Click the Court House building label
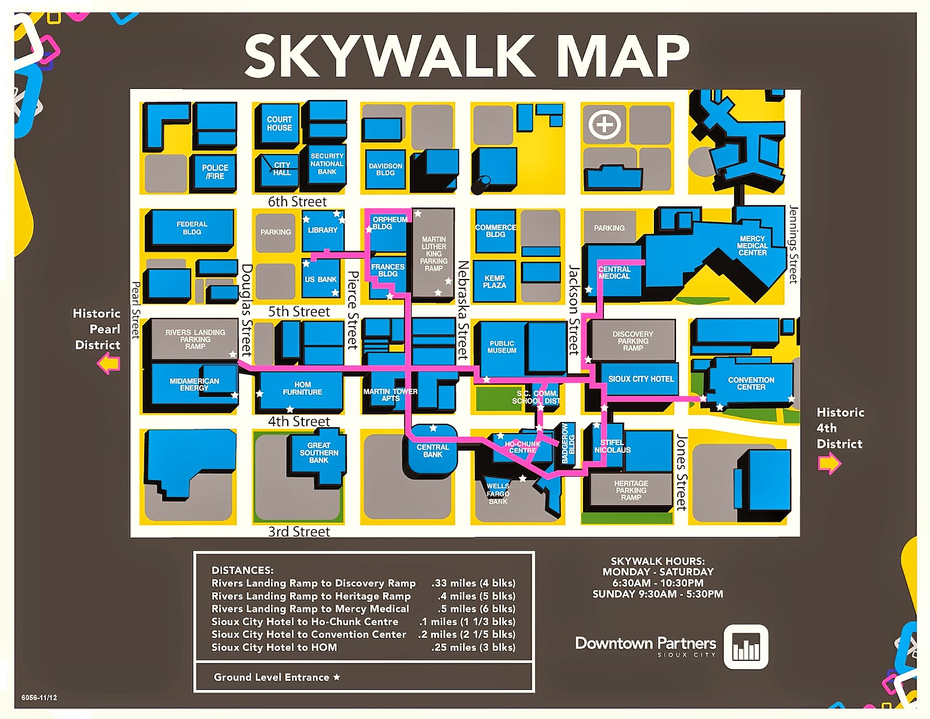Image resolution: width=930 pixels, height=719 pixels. click(x=280, y=123)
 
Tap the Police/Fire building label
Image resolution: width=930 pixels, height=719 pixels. click(x=214, y=172)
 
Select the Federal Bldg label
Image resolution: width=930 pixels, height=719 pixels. click(x=192, y=228)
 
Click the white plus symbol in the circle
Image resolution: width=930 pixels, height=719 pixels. click(x=604, y=124)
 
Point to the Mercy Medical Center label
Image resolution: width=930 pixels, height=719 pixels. click(x=752, y=246)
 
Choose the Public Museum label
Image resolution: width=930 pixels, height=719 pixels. click(x=502, y=347)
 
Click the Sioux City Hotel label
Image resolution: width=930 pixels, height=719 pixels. click(x=641, y=379)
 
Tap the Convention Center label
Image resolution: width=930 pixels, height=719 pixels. click(x=751, y=384)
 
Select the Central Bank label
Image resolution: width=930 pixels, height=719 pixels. click(x=432, y=451)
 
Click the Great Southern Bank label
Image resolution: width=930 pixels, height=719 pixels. click(x=319, y=453)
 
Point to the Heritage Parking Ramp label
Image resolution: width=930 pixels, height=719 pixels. click(x=631, y=491)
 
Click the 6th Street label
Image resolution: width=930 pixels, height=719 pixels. click(x=297, y=202)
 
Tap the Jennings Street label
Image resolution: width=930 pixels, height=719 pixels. click(x=793, y=244)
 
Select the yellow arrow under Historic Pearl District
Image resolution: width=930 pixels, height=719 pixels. click(x=109, y=364)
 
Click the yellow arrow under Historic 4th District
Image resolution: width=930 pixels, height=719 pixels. click(x=829, y=463)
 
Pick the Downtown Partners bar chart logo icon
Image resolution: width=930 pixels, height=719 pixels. click(x=746, y=647)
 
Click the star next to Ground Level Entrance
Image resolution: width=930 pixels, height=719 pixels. click(x=337, y=677)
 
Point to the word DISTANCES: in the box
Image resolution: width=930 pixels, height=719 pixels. click(x=242, y=570)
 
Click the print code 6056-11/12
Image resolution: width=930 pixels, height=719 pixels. click(x=39, y=697)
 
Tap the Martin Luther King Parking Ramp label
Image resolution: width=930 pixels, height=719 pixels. click(x=434, y=254)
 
